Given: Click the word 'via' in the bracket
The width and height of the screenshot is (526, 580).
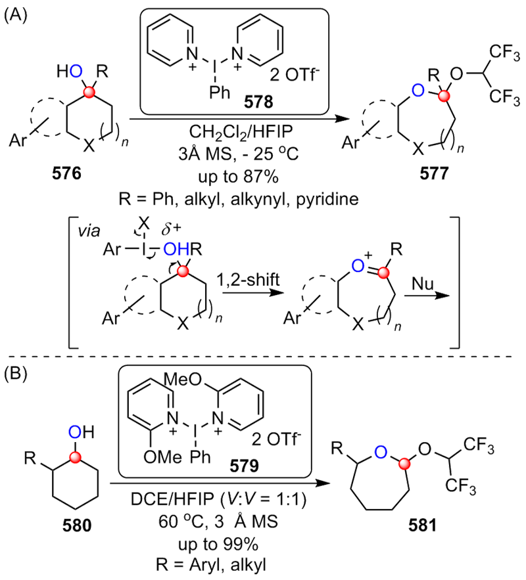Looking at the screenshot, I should pyautogui.click(x=85, y=232).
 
